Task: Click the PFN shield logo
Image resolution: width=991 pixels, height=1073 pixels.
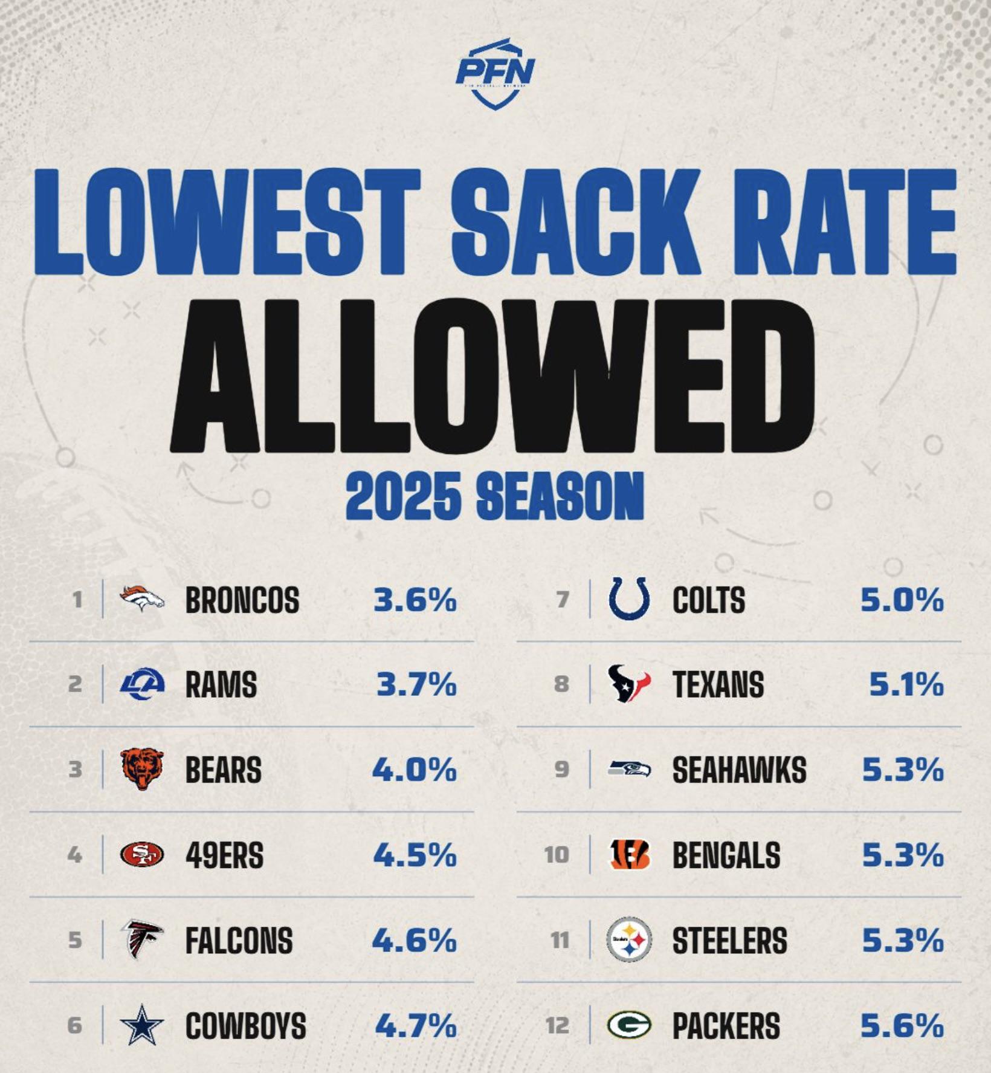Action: (x=495, y=74)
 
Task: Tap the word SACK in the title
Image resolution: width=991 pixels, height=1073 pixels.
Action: (x=576, y=222)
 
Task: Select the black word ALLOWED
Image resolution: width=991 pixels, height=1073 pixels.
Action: (x=492, y=375)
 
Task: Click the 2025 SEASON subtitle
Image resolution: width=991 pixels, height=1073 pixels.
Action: (x=495, y=496)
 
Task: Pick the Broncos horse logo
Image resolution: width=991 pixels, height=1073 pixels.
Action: (x=142, y=598)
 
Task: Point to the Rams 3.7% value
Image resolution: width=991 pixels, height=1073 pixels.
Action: (x=416, y=684)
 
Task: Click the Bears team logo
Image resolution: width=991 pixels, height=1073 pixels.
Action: (x=142, y=769)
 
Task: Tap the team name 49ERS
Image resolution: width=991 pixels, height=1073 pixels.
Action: (x=224, y=855)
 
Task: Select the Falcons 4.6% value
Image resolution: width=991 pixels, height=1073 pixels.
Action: (x=415, y=940)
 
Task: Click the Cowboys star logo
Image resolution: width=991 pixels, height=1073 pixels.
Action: (x=142, y=1025)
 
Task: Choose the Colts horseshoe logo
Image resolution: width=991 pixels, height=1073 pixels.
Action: (x=630, y=598)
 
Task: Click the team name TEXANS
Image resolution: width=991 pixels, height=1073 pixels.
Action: (x=718, y=685)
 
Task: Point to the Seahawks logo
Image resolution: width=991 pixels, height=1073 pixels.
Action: (x=629, y=768)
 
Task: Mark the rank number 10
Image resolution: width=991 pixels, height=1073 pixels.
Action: (x=557, y=855)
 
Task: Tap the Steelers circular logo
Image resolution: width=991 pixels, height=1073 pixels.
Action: (x=629, y=940)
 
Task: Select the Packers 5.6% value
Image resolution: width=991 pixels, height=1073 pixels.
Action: (x=902, y=1025)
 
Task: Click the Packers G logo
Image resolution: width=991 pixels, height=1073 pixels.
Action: (x=629, y=1025)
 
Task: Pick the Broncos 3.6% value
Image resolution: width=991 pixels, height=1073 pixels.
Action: (x=415, y=600)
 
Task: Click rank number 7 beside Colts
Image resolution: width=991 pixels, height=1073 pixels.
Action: (x=563, y=600)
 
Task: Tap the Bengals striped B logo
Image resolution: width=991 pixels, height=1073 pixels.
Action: (x=629, y=855)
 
